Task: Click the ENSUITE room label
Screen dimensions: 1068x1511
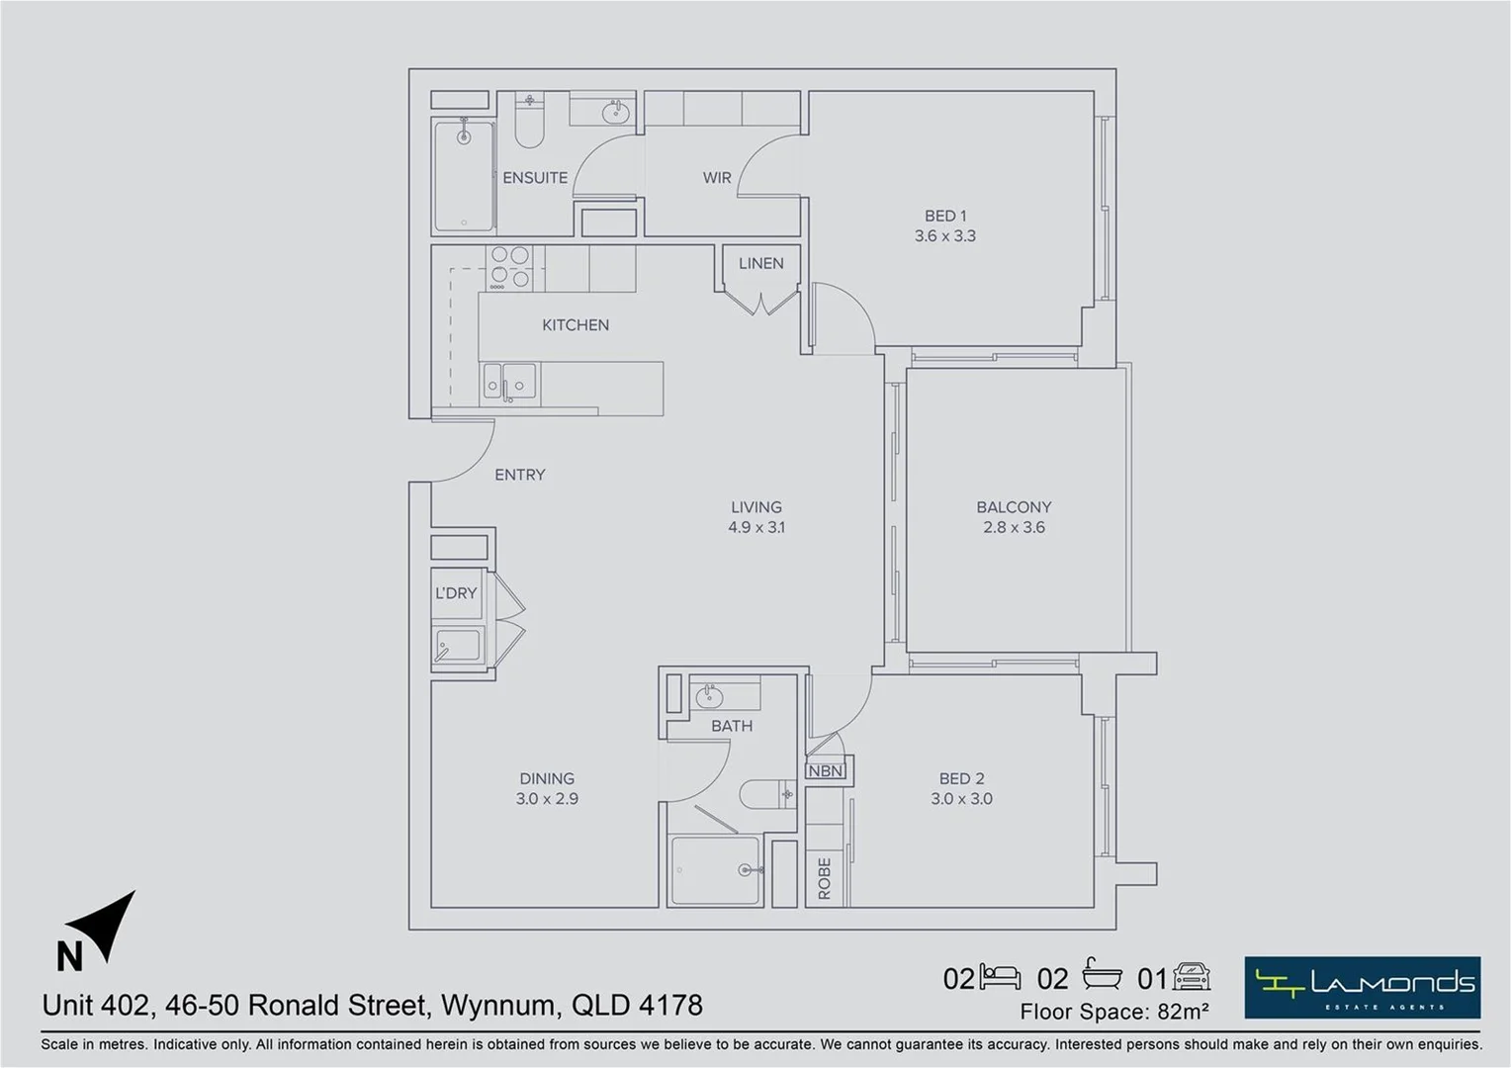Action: (x=535, y=178)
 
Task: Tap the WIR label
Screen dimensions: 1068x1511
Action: (x=717, y=178)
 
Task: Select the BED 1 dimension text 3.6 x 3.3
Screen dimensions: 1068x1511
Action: (x=945, y=236)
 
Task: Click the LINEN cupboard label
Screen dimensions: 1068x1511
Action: (x=760, y=263)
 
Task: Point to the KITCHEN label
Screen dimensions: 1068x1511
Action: (x=576, y=324)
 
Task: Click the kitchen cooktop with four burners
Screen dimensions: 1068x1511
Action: (x=510, y=267)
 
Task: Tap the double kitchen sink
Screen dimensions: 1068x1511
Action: (x=508, y=381)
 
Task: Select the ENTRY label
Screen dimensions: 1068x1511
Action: (x=520, y=475)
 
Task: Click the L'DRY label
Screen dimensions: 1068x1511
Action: (x=456, y=593)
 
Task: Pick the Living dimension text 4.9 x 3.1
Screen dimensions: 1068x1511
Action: (x=756, y=527)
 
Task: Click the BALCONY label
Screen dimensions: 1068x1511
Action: (x=1014, y=507)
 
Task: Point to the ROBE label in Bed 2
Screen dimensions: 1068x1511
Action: (x=825, y=879)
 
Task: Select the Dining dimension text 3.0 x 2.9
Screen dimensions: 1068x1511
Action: (x=547, y=799)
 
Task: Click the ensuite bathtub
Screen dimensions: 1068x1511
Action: (x=464, y=176)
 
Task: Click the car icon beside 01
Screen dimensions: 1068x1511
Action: (x=1192, y=978)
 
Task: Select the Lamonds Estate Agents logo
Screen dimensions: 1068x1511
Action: (x=1362, y=987)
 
